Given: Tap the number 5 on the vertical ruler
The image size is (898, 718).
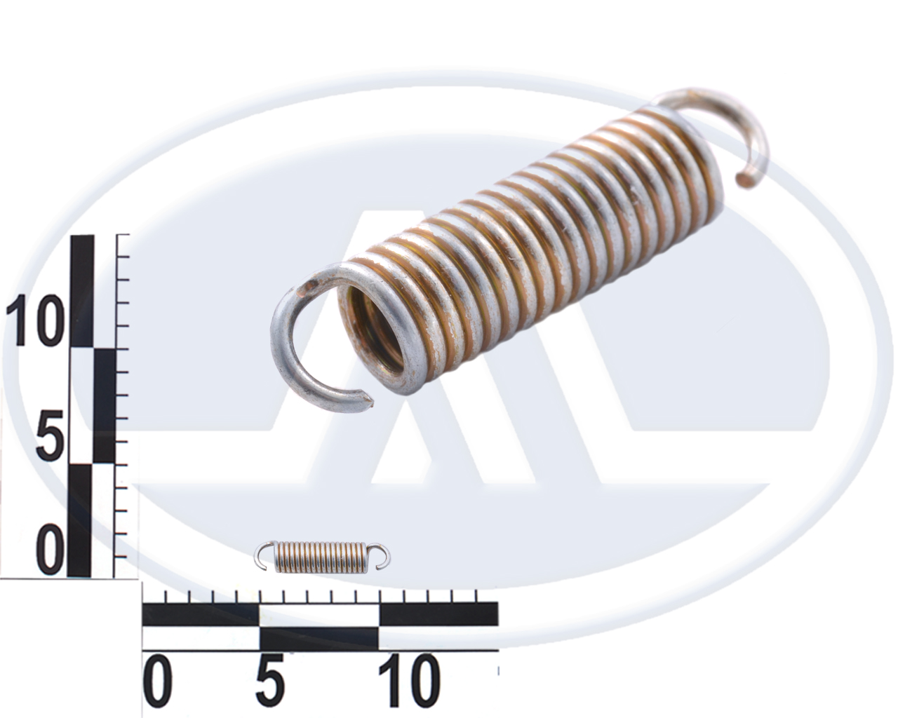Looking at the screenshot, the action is coord(50,435).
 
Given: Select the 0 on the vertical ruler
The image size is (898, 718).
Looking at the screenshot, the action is coord(50,550).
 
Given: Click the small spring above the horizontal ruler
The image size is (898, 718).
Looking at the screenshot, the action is coord(323,556).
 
